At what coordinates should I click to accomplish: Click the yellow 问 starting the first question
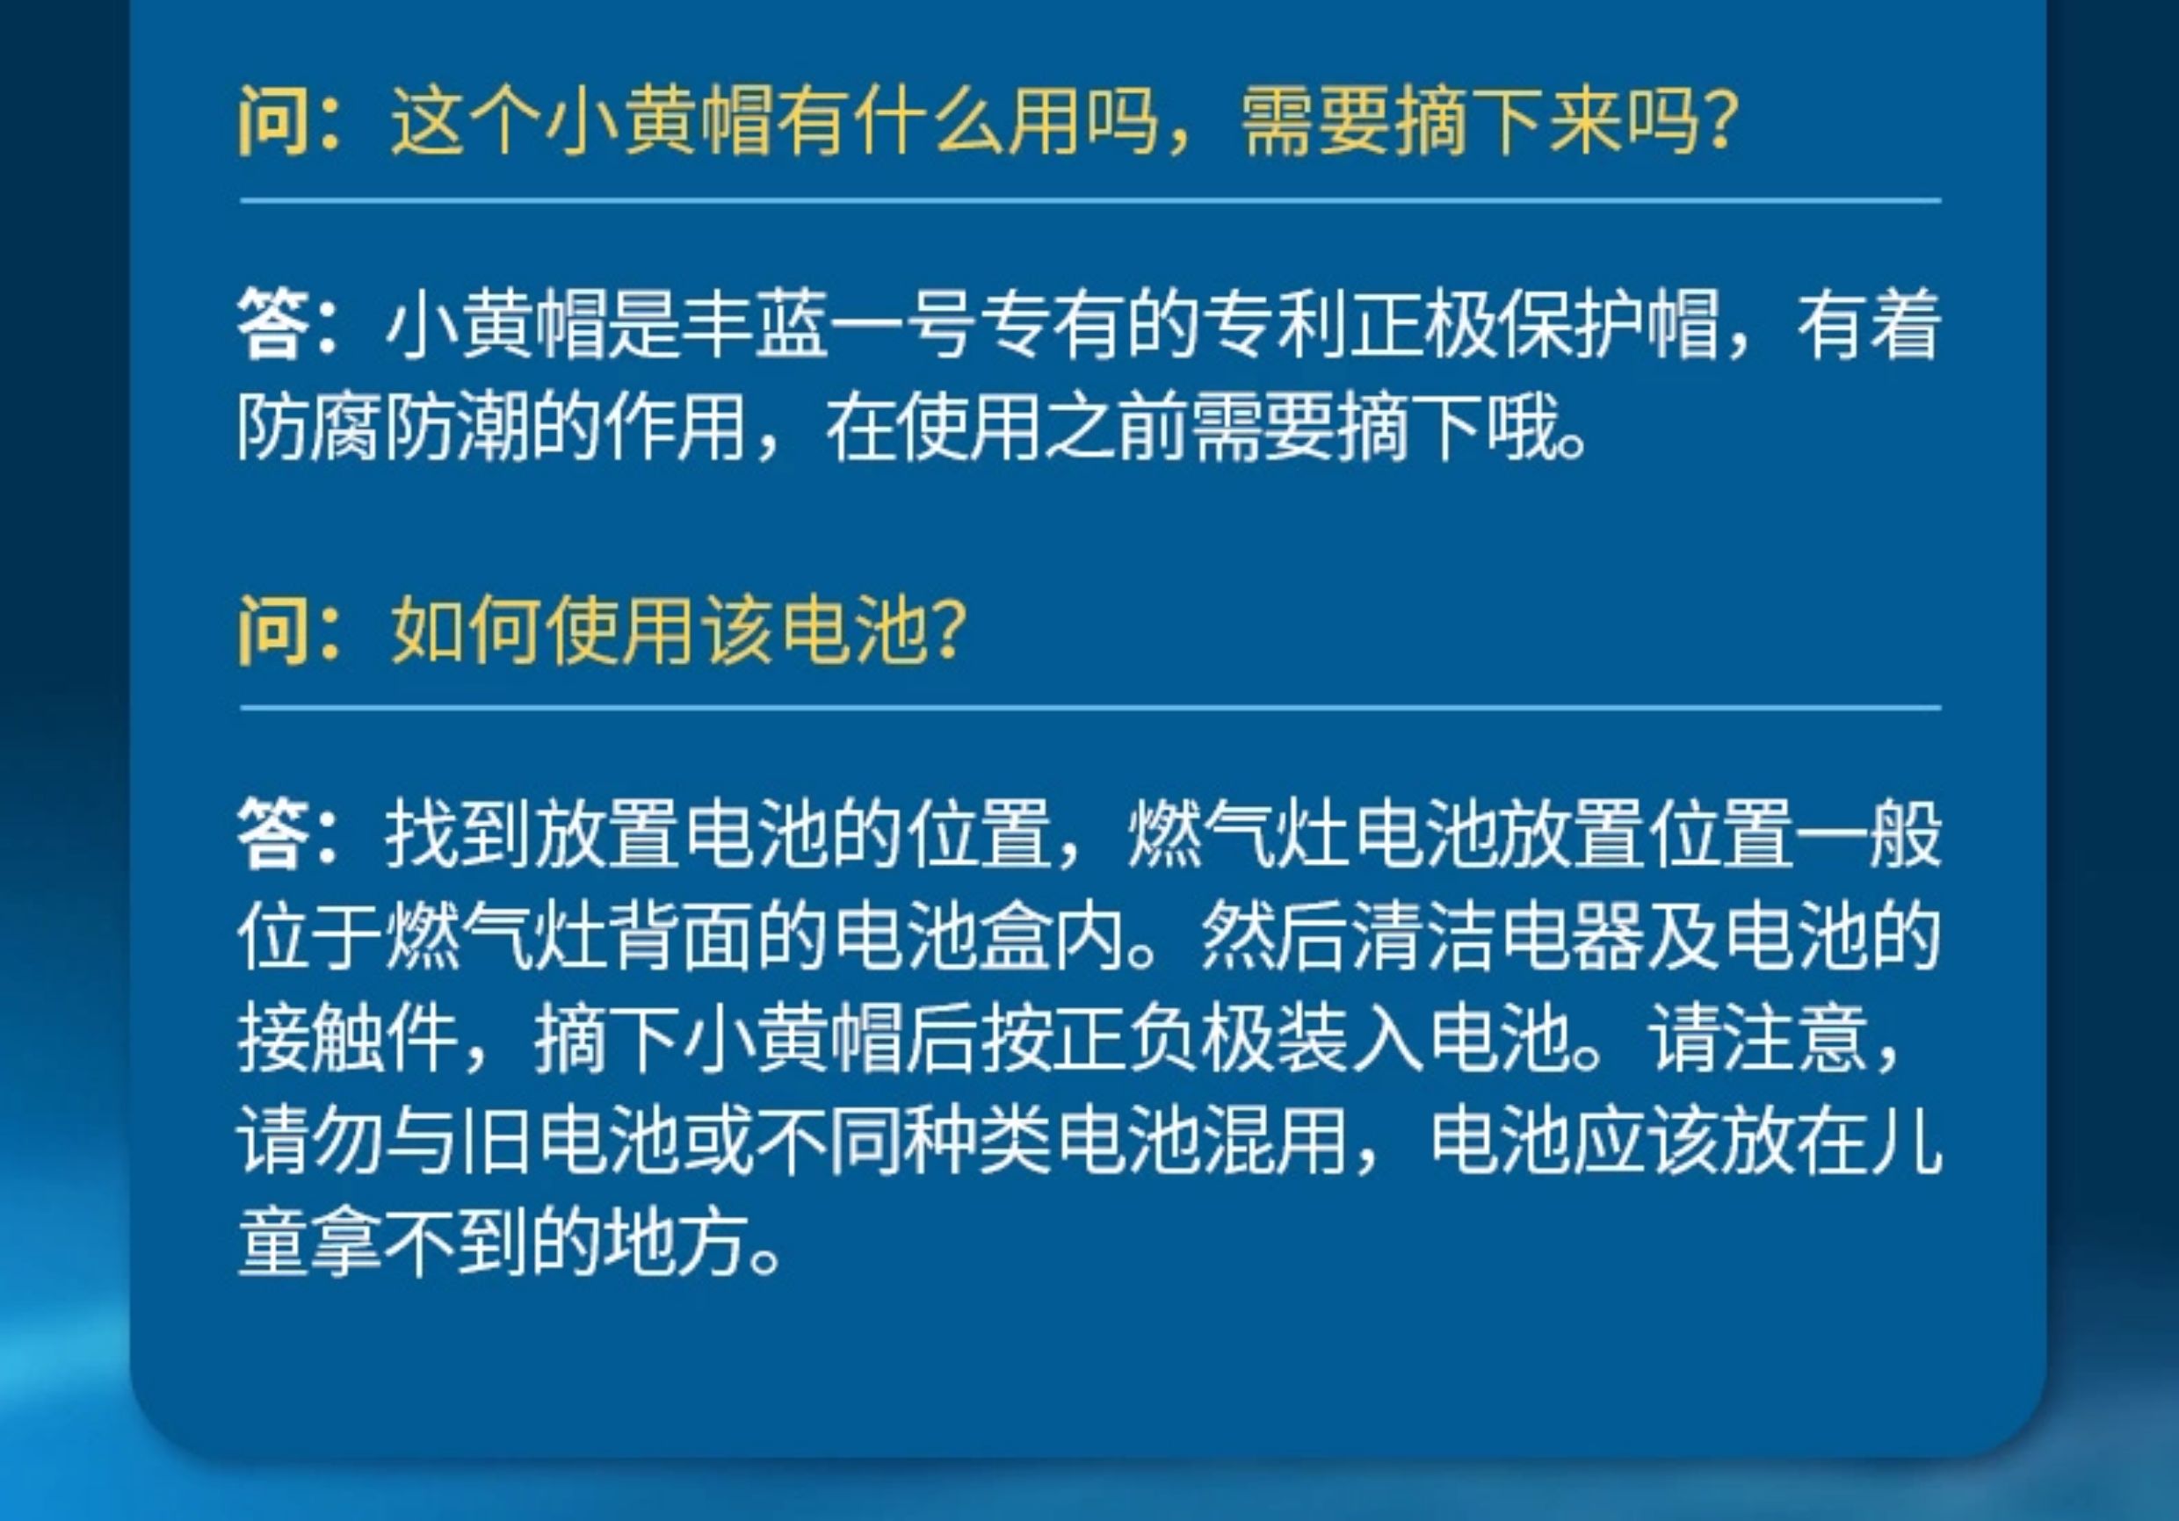[273, 120]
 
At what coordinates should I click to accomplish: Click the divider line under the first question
[1090, 201]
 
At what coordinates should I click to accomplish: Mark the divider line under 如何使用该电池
[1090, 708]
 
